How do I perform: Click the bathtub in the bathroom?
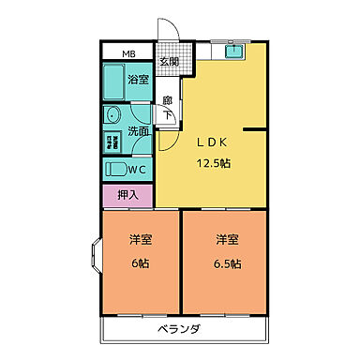114,80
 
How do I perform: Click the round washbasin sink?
112,117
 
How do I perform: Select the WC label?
137,171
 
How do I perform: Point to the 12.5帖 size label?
214,162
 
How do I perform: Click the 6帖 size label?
142,263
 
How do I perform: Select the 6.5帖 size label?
227,263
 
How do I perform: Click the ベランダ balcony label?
179,330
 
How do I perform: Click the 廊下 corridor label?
168,108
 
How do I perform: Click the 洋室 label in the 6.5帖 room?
227,239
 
